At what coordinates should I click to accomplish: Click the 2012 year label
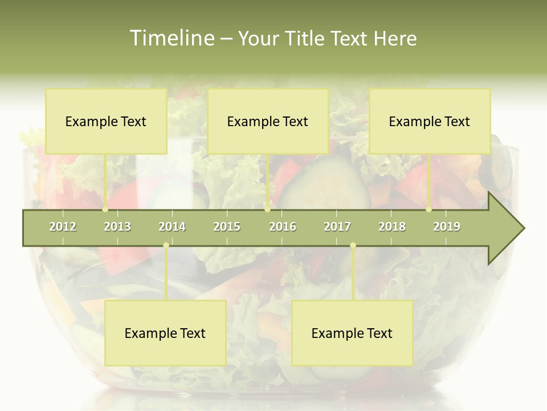63,227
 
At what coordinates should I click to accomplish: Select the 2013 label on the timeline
117,227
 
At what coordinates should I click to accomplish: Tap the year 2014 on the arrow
172,227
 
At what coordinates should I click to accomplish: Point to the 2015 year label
227,227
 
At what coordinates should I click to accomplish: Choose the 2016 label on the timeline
283,227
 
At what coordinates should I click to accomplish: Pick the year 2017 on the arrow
337,227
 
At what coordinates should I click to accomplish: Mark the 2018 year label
392,227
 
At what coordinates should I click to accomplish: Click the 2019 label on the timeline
447,227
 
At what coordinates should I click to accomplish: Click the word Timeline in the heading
171,38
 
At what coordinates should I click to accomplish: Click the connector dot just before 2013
105,209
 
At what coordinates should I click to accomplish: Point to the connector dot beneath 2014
166,245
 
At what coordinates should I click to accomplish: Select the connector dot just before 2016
267,209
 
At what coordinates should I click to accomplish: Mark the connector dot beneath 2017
353,245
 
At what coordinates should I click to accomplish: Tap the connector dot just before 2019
428,209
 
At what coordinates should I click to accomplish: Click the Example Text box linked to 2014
165,333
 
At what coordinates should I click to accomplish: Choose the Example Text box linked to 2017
352,333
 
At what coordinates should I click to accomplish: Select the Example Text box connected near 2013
106,121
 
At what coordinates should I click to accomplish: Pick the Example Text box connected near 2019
430,121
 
